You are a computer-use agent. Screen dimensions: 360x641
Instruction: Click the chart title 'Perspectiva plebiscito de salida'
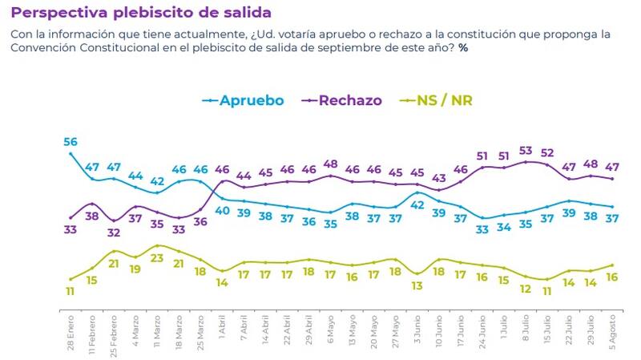[140, 14]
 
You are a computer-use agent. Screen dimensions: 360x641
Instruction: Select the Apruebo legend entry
[244, 100]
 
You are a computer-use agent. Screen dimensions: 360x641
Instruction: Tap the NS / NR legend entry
[449, 100]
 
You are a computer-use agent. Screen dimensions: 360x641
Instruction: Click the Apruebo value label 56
[71, 142]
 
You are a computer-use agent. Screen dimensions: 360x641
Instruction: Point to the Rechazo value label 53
[526, 150]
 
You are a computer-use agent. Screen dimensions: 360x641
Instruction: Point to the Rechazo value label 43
[439, 178]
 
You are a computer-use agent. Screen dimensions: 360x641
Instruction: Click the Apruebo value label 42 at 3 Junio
[417, 204]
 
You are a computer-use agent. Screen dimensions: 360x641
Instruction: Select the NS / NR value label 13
[417, 286]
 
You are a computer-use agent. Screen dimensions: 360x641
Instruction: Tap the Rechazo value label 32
[114, 233]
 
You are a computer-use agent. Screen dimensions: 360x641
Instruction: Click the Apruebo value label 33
[483, 229]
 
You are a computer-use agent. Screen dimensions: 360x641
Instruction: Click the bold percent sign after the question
[463, 49]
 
